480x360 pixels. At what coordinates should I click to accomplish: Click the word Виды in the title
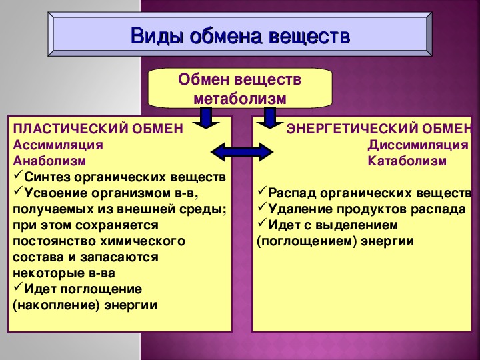(157, 36)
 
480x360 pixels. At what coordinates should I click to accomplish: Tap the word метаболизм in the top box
(240, 99)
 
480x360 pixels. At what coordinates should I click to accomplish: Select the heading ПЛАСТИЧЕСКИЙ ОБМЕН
(98, 129)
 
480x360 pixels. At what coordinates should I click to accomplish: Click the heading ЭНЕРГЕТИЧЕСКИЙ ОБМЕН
(379, 129)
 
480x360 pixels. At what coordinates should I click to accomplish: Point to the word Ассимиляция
(58, 145)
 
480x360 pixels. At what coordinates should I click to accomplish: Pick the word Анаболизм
(49, 161)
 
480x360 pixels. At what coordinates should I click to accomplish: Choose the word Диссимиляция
(418, 145)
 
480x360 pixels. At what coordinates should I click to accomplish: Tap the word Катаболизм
(407, 161)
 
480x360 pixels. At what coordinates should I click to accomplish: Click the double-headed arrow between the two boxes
(242, 152)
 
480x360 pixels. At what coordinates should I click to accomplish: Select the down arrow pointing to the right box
(270, 118)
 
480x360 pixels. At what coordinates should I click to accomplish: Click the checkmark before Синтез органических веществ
(18, 175)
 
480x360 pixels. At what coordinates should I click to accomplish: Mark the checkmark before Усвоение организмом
(18, 191)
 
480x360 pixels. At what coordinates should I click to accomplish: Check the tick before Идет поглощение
(18, 287)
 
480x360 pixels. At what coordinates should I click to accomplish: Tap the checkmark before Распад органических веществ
(262, 191)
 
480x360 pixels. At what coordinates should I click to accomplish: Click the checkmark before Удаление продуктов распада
(262, 207)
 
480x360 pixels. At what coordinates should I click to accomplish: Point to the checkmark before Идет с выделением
(262, 223)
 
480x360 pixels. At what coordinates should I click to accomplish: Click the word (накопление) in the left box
(56, 305)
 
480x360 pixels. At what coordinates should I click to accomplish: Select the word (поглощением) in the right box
(307, 241)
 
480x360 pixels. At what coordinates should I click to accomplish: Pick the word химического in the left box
(143, 241)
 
